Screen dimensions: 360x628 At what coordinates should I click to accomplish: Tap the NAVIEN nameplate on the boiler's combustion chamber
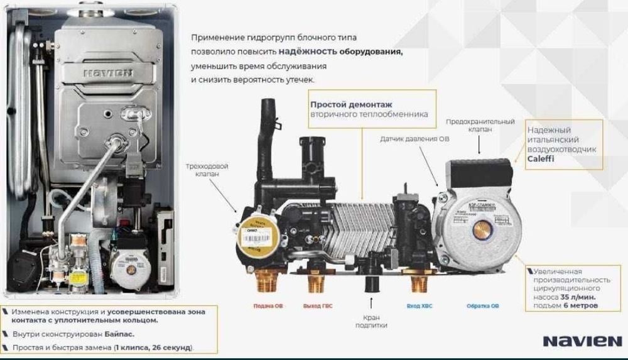108,73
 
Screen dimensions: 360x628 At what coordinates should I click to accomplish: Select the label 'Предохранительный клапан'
480,125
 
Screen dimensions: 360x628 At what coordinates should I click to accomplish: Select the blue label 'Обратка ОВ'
483,306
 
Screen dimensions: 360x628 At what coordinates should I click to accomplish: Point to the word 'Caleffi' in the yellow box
541,160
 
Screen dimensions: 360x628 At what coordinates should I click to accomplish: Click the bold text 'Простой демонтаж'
341,104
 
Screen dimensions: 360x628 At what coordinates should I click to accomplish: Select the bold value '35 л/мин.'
575,296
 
